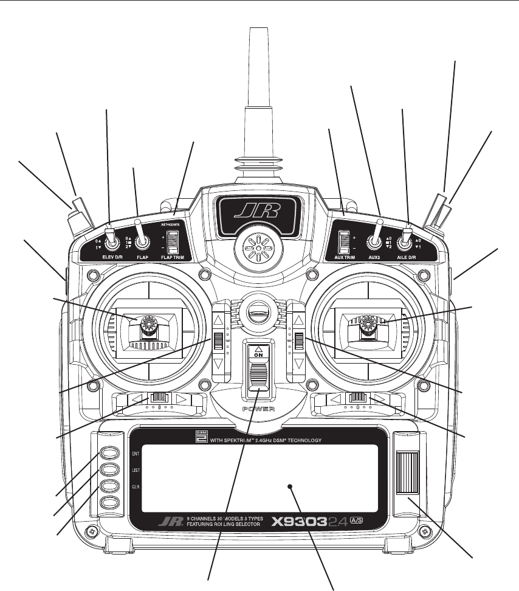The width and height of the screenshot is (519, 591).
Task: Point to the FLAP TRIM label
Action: pos(174,258)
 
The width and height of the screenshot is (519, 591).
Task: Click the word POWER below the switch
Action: pos(258,409)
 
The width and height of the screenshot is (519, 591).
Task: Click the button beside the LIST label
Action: pos(109,470)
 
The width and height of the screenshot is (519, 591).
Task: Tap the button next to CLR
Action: pos(109,486)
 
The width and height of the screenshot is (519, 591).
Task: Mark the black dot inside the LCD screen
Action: pos(290,487)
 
